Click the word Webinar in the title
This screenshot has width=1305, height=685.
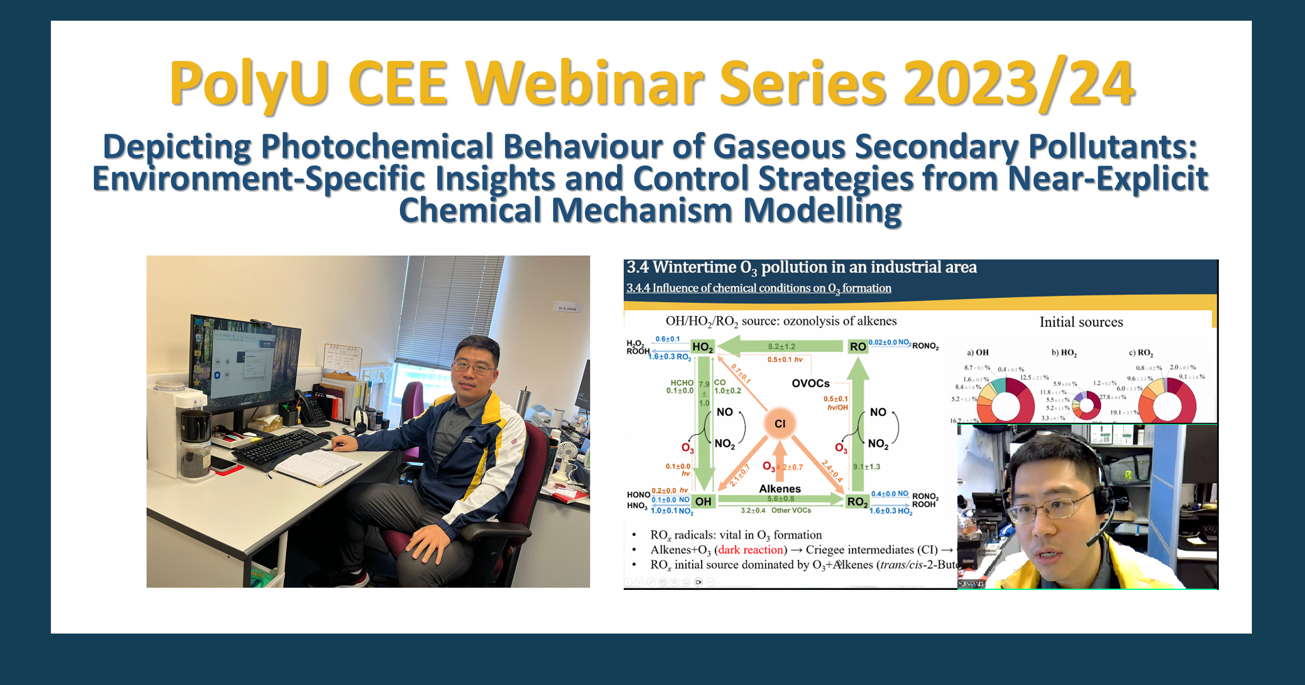coord(585,84)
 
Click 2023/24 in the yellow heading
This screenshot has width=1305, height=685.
coord(1018,84)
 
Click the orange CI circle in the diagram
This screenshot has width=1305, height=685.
coord(780,424)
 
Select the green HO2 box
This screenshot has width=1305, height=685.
coord(703,347)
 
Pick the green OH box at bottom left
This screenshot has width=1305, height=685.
coord(703,502)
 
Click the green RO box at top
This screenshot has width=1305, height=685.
coord(858,347)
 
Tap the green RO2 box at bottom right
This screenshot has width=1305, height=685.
coord(857,502)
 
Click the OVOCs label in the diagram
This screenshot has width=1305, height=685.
coord(811,384)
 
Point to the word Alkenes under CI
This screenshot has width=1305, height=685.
coord(780,489)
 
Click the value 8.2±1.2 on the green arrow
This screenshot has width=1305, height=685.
coord(781,347)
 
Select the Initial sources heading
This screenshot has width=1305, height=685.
coord(1081,322)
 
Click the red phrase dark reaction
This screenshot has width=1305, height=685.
coord(751,550)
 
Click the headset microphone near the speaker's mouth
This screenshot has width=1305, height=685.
coord(1094,541)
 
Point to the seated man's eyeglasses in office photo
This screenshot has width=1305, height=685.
coord(474,367)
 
